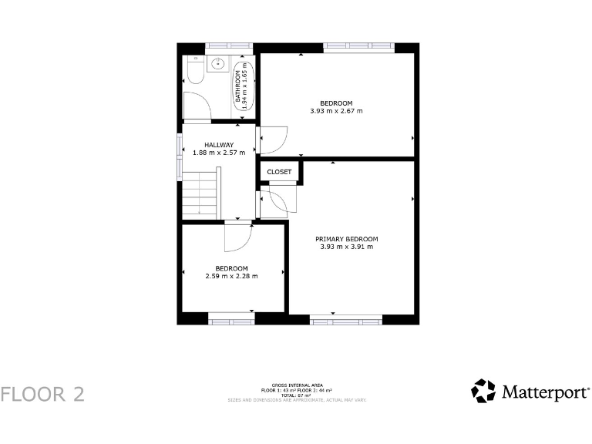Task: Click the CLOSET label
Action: (x=279, y=172)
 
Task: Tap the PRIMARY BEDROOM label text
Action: (x=346, y=239)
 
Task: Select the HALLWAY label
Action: (x=219, y=145)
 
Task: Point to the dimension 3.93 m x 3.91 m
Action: (x=346, y=247)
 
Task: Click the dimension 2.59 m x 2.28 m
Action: (x=231, y=276)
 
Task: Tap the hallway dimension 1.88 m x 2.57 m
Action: (x=219, y=153)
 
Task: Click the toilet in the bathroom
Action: (x=194, y=73)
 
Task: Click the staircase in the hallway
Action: (x=201, y=193)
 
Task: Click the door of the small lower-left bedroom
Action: (x=238, y=237)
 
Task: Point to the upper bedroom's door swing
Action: (x=274, y=139)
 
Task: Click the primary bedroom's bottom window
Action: (x=346, y=319)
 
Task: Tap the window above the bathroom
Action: (x=229, y=48)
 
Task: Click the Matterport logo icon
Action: (x=483, y=391)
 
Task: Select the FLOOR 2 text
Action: (x=42, y=394)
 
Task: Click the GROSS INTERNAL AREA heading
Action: (x=297, y=385)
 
